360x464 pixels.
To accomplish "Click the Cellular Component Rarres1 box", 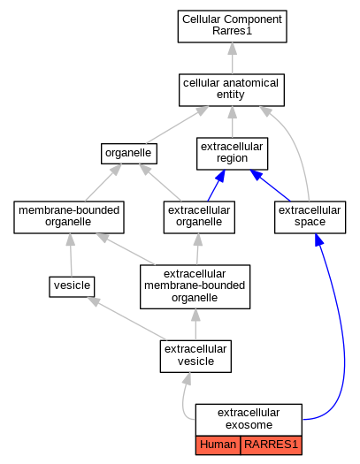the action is point(232,27).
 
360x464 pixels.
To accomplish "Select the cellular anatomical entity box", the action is point(232,90).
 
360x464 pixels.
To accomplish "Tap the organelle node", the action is point(129,154).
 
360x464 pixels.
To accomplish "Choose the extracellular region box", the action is point(232,154).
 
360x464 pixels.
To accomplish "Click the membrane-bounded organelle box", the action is point(69,217).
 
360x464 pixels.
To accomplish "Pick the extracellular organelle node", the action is point(199,217).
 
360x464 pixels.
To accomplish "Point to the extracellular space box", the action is point(310,217).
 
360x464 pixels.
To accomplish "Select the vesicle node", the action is point(72,286).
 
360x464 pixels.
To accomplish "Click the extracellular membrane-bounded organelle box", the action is point(195,286).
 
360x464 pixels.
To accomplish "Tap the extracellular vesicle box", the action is point(195,356).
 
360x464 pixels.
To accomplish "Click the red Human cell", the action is point(218,445).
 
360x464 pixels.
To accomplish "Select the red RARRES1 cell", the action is point(272,445).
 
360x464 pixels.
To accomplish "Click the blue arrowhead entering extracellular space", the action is point(318,240).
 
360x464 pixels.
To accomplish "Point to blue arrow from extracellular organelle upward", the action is point(216,186).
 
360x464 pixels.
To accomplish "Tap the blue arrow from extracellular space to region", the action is point(270,186).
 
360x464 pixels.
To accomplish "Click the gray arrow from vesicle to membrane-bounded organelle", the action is point(71,255).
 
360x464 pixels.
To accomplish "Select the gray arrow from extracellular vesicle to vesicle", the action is point(126,319).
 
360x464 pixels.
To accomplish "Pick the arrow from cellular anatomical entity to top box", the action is point(232,58).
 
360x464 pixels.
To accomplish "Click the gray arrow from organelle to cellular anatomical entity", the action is point(177,125).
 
